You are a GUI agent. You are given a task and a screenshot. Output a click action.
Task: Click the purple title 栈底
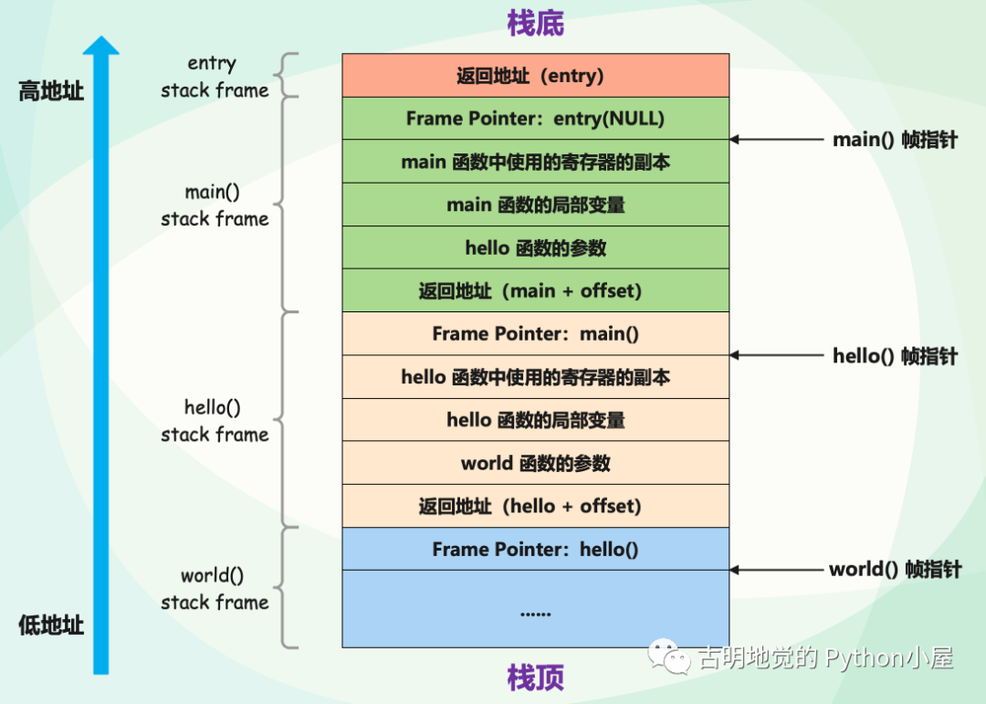pyautogui.click(x=535, y=24)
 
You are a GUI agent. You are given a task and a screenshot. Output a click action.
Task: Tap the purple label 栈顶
pyautogui.click(x=535, y=678)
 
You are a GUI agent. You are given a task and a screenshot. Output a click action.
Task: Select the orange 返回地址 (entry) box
pyautogui.click(x=536, y=76)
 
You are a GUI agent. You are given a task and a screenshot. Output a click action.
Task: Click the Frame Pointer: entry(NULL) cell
pyautogui.click(x=536, y=119)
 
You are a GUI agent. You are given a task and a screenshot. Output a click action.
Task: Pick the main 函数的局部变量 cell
pyautogui.click(x=536, y=205)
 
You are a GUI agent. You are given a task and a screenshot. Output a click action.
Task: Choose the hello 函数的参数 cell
pyautogui.click(x=536, y=247)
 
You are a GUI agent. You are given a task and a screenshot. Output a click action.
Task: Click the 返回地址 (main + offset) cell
pyautogui.click(x=536, y=290)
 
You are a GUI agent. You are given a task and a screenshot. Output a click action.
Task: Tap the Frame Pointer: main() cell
pyautogui.click(x=536, y=333)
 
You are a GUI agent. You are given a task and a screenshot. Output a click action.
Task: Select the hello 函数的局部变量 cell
pyautogui.click(x=536, y=420)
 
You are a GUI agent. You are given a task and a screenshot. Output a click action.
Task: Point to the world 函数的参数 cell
pyautogui.click(x=536, y=463)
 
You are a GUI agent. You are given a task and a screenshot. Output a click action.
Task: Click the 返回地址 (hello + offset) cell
pyautogui.click(x=536, y=506)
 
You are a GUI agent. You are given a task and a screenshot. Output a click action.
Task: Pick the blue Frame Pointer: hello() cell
pyautogui.click(x=536, y=550)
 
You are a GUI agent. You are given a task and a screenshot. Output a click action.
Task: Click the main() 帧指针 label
pyautogui.click(x=895, y=140)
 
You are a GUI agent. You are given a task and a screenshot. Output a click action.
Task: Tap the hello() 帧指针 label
pyautogui.click(x=895, y=356)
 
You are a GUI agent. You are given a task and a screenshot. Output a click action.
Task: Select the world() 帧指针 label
pyautogui.click(x=896, y=570)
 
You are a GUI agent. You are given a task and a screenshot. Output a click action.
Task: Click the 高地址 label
pyautogui.click(x=51, y=91)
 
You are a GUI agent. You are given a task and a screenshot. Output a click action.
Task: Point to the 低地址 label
pyautogui.click(x=51, y=625)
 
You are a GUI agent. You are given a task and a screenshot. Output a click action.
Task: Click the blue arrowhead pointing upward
pyautogui.click(x=101, y=46)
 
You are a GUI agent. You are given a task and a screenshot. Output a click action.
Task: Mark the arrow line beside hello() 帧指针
pyautogui.click(x=777, y=355)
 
